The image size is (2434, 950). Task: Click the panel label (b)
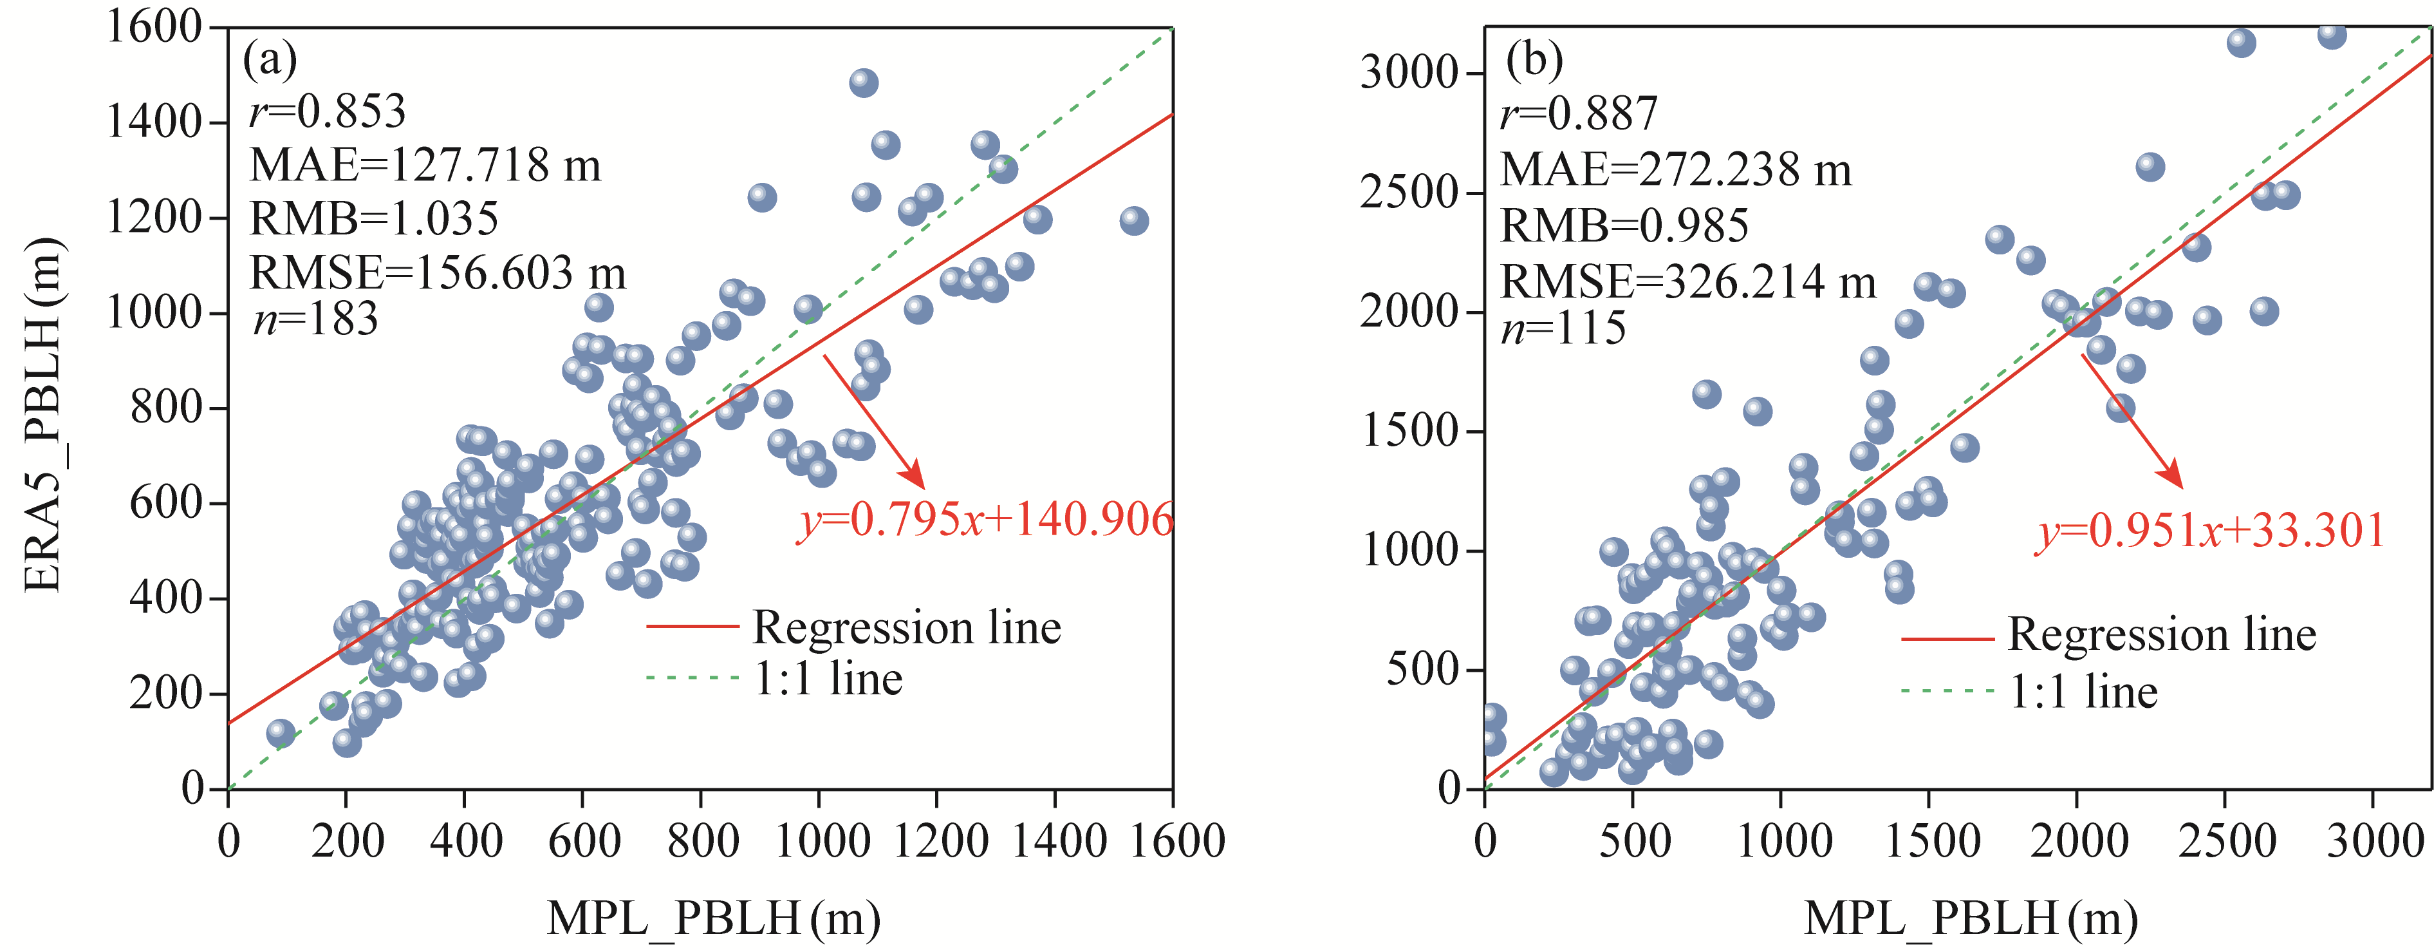(x=1534, y=61)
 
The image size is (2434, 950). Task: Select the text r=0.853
(x=327, y=111)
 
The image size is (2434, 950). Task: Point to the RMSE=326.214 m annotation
(x=1687, y=281)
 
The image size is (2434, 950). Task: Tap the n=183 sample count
(x=315, y=319)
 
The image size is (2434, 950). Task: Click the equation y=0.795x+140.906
(x=985, y=520)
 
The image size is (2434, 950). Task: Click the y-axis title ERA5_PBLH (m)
(x=42, y=416)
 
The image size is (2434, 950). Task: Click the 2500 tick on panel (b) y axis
(x=1408, y=193)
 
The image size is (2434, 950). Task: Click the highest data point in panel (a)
(x=862, y=82)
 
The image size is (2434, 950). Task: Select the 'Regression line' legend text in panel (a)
(x=906, y=628)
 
